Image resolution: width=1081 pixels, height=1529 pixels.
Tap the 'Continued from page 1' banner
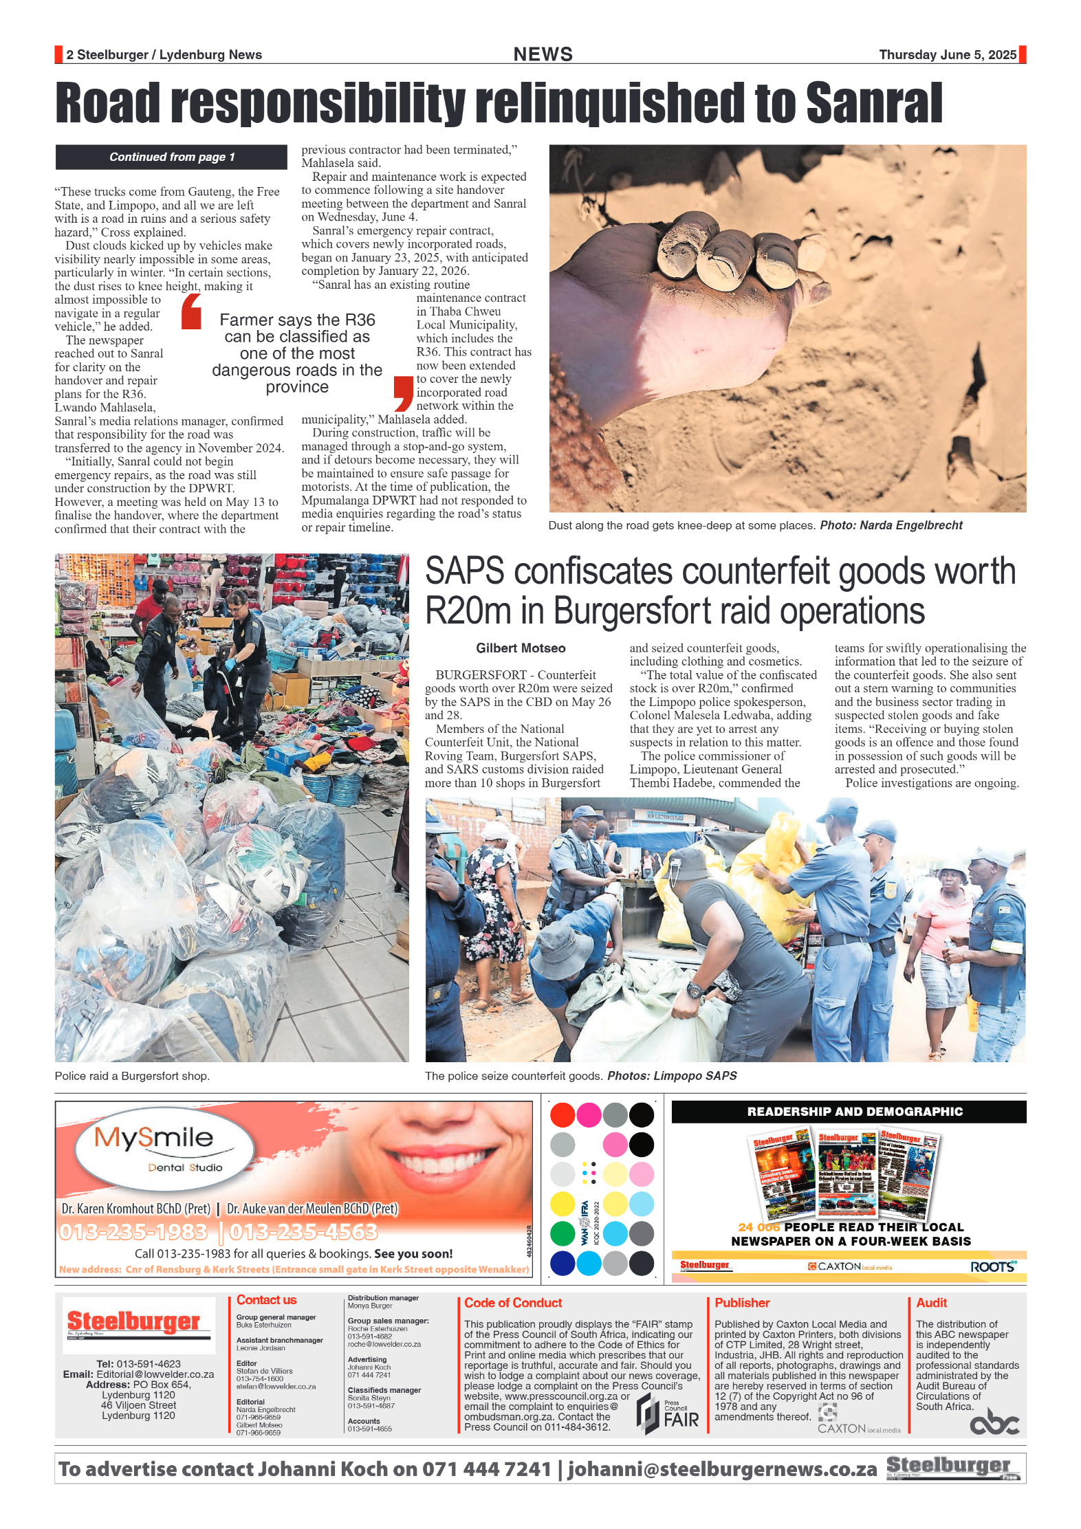tap(171, 157)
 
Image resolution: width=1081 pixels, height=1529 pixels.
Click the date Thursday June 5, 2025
tap(947, 55)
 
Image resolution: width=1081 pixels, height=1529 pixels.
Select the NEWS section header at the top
tap(543, 54)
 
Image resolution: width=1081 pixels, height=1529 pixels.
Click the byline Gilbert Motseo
tap(521, 648)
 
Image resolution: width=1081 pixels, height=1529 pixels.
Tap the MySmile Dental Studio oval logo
tap(164, 1149)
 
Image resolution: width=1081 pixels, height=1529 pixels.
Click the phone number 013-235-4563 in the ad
tap(303, 1232)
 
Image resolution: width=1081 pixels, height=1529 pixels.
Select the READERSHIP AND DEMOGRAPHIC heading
tap(855, 1112)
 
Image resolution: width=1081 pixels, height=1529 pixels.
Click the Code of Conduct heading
tap(513, 1303)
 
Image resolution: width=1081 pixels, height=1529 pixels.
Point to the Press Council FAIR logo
tap(668, 1416)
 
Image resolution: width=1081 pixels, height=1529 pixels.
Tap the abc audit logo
tap(994, 1422)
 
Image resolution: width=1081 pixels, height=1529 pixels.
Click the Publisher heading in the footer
tap(742, 1303)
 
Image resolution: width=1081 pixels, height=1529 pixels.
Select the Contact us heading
tap(266, 1300)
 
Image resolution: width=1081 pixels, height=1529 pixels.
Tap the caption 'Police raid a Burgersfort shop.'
tap(132, 1076)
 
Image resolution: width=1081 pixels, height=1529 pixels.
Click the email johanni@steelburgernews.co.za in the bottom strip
tap(722, 1469)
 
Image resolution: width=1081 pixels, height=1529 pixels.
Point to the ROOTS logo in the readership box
tap(992, 1267)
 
